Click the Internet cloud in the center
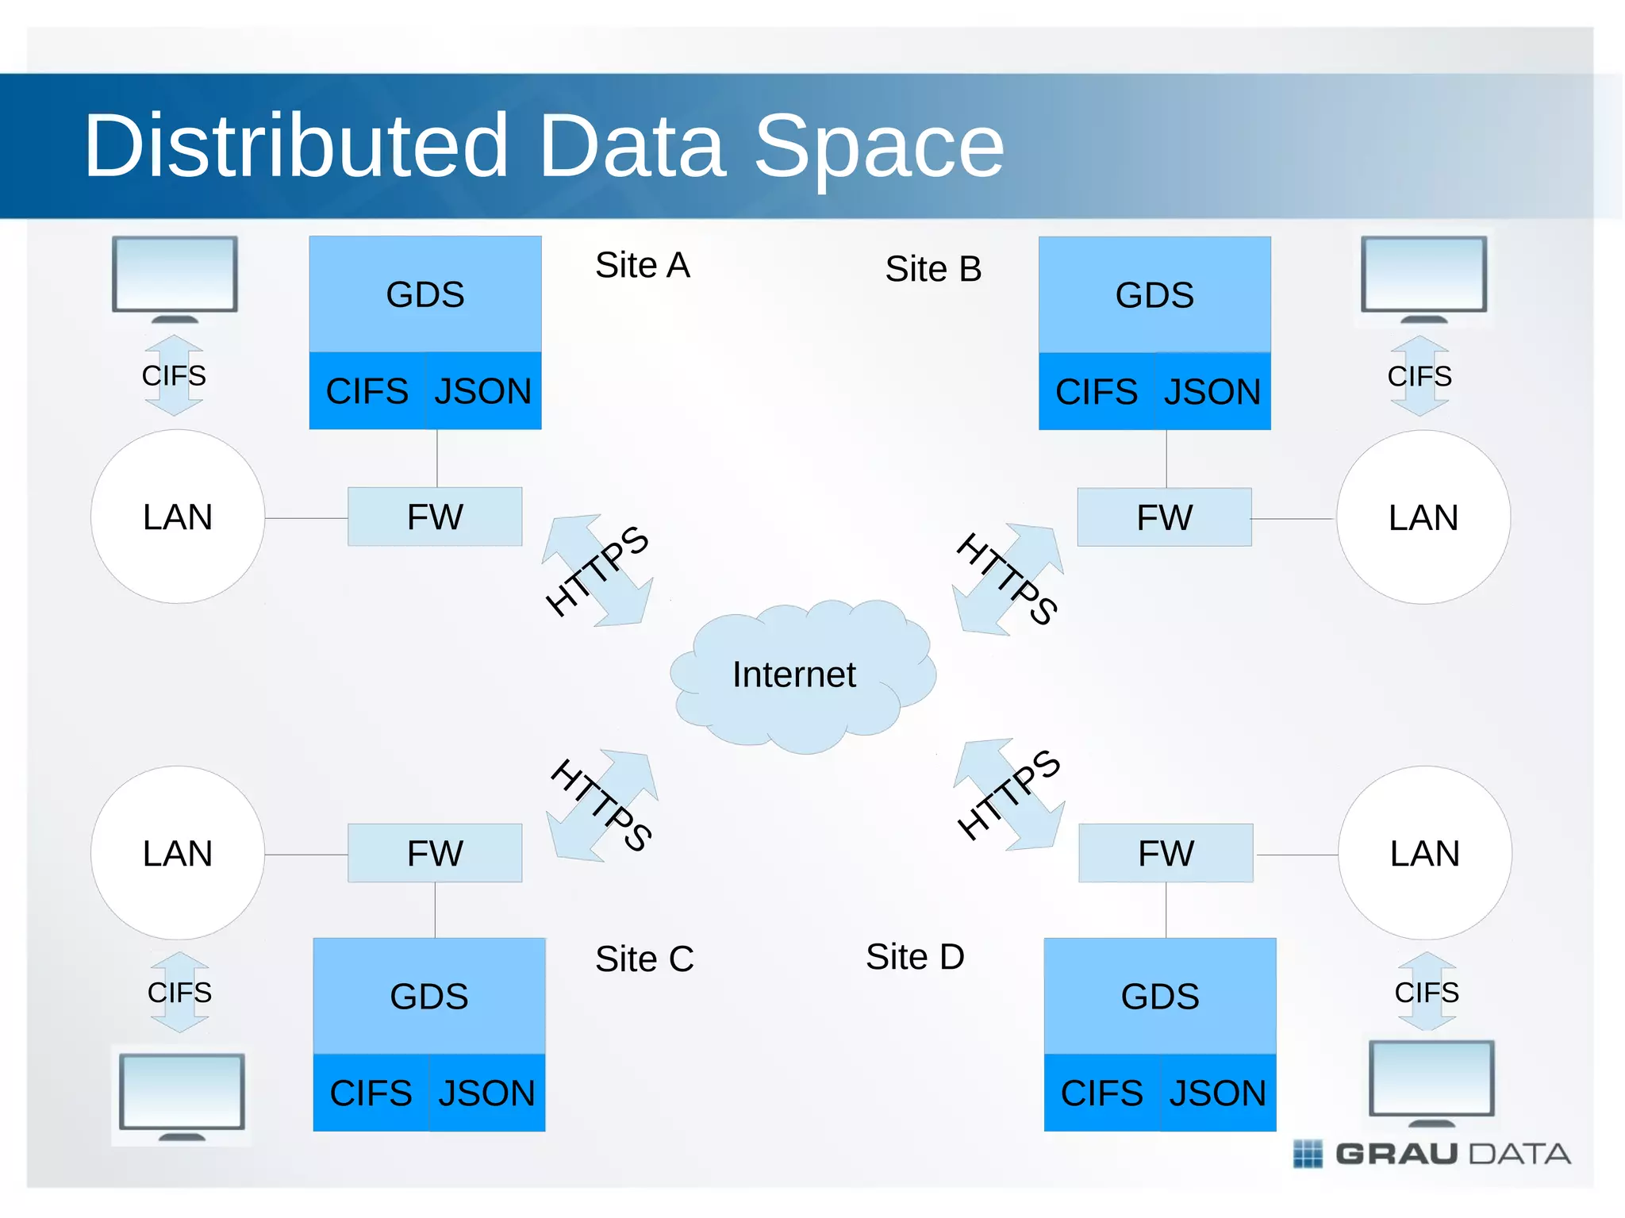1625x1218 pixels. pos(801,675)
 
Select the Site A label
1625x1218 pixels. pos(643,265)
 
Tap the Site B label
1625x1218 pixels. pos(933,269)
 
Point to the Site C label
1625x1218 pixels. pos(644,959)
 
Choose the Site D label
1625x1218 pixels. pos(915,956)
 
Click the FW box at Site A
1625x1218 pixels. pos(435,517)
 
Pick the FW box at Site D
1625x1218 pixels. pos(1166,853)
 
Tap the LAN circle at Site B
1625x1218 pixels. pos(1423,517)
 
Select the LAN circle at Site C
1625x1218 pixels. pos(178,853)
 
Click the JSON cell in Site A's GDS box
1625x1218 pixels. pos(483,391)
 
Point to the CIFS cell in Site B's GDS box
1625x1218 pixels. pos(1097,392)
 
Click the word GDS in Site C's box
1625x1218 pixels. pos(429,997)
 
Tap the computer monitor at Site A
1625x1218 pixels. pos(175,278)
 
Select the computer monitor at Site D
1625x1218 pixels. pos(1431,1082)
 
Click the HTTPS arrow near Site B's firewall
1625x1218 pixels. pos(1008,579)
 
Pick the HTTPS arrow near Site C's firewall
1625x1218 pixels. pos(602,805)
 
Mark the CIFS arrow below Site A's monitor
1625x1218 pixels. pos(174,375)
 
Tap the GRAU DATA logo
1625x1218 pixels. pos(1432,1153)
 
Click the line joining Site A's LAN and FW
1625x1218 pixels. pos(306,518)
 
